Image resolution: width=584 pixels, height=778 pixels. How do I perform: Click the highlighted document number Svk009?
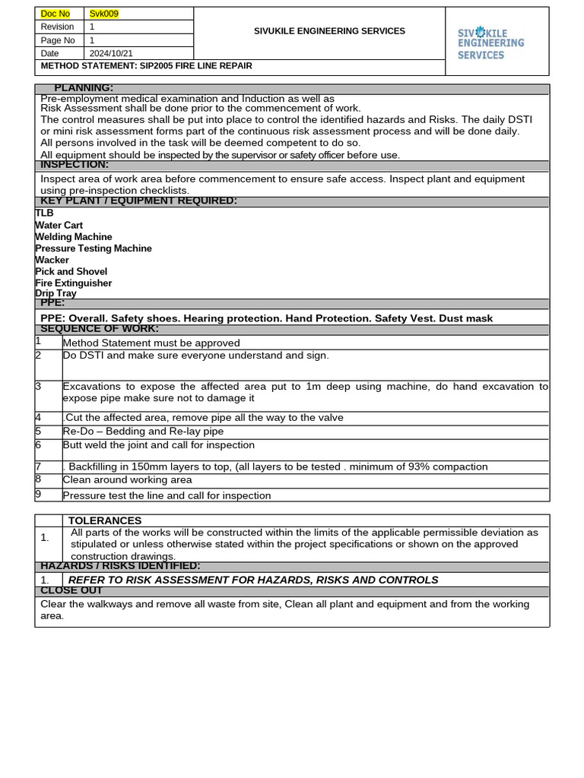(104, 14)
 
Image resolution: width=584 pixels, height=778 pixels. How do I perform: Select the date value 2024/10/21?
(110, 53)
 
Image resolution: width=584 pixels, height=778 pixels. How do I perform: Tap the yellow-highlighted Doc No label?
(55, 14)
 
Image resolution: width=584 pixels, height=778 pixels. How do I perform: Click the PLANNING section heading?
(84, 88)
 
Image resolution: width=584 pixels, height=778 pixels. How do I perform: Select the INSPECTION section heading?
(75, 165)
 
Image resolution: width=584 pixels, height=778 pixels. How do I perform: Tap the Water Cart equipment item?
(59, 226)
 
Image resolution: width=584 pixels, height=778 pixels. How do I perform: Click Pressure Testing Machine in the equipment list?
(93, 248)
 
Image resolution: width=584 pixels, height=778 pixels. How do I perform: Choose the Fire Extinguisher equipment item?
(73, 283)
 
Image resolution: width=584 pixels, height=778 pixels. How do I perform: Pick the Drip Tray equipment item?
(56, 293)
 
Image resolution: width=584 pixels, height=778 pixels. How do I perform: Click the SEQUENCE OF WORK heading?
(100, 329)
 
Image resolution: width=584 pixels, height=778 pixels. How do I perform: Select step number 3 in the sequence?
(38, 386)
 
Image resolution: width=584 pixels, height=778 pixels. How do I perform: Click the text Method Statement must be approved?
(151, 343)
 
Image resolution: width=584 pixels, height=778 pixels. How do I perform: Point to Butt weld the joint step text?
(158, 445)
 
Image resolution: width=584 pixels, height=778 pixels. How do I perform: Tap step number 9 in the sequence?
(38, 495)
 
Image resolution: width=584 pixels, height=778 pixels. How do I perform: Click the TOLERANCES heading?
(105, 520)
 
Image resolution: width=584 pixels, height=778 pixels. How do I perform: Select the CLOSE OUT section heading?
(71, 590)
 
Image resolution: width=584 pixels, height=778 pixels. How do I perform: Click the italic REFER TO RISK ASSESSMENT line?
(253, 580)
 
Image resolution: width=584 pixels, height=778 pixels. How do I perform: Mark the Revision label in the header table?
(57, 27)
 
